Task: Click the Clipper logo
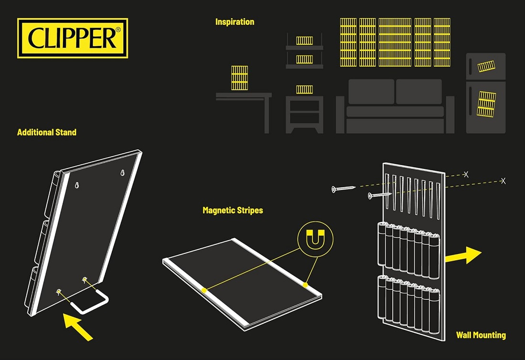click(73, 38)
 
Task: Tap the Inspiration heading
click(234, 22)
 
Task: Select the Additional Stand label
click(47, 132)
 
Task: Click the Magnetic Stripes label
click(232, 210)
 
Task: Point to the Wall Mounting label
click(481, 335)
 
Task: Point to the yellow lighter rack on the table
click(240, 78)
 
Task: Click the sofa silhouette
click(395, 106)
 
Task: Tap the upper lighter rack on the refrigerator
click(486, 66)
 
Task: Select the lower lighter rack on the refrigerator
click(487, 104)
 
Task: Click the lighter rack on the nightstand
click(304, 89)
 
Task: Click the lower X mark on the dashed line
click(503, 181)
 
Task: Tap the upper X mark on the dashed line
click(466, 175)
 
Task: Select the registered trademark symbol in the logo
click(118, 29)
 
